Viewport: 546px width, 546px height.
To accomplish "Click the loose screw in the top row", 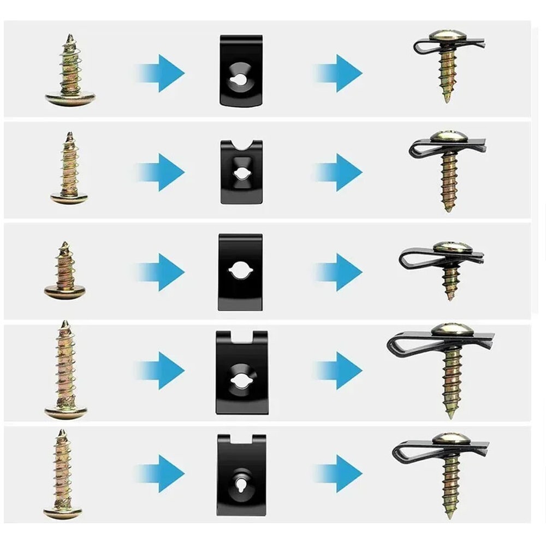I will coord(70,71).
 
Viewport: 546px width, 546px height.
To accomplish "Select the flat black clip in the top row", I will coord(241,71).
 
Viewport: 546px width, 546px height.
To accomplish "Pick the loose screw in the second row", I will coord(69,169).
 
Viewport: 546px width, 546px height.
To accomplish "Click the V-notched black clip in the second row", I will coord(241,172).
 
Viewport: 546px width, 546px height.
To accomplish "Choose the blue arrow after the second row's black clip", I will coord(341,172).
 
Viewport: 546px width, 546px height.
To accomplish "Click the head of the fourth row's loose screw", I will coord(66,412).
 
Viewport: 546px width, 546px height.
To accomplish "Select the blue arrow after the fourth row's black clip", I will coord(341,371).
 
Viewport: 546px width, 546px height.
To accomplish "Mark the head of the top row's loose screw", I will coord(70,99).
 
